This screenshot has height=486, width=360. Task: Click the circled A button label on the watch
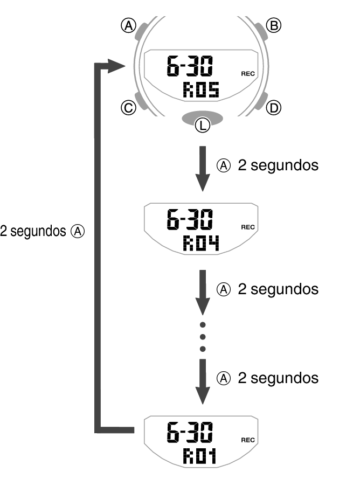coord(128,25)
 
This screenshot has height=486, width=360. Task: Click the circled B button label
coord(274,25)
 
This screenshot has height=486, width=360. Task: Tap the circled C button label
coord(128,108)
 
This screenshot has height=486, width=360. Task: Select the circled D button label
coord(274,108)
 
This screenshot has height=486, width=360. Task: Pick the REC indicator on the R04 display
coord(248,227)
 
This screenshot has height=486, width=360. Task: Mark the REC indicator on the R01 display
coord(248,440)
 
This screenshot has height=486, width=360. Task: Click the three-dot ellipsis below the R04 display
coord(203,337)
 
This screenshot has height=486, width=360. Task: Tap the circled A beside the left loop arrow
coord(78,232)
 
